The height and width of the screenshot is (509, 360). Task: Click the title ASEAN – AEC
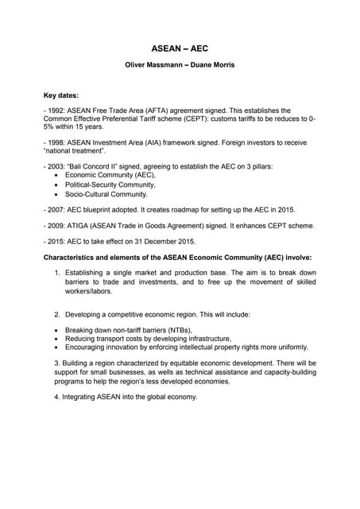coord(180,49)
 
